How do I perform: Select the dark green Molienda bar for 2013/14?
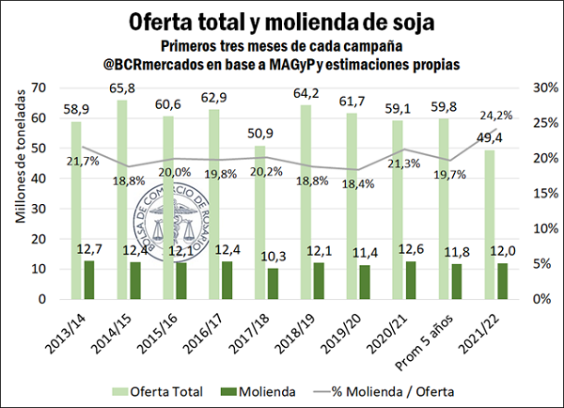point(89,280)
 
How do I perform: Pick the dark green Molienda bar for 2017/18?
point(247,284)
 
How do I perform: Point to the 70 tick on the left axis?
point(39,87)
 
